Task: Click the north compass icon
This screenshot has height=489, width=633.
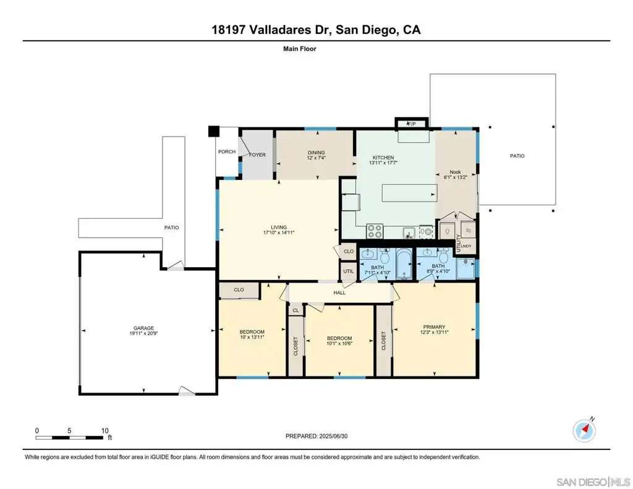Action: point(584,431)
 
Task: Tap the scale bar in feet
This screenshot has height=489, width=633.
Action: point(69,437)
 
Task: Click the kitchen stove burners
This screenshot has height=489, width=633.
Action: point(374,231)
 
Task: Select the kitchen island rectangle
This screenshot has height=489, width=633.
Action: point(409,193)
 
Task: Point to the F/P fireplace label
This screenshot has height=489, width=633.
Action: point(411,124)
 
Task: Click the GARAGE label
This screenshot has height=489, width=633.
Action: point(143,328)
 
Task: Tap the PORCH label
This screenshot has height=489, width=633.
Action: point(227,152)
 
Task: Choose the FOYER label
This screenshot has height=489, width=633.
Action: point(257,155)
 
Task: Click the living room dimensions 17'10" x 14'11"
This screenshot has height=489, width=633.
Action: point(279,232)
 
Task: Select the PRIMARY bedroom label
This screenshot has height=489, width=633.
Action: point(434,326)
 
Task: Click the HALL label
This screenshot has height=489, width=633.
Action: point(339,293)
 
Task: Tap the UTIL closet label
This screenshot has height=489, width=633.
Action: point(349,271)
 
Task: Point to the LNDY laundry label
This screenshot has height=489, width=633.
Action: point(466,246)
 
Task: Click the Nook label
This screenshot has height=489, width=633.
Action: point(456,172)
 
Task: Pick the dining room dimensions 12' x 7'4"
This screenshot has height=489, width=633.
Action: point(316,158)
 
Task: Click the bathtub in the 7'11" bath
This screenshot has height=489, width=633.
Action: point(404,265)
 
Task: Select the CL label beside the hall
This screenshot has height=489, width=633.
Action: point(296,310)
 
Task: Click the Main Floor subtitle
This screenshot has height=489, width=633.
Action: point(300,49)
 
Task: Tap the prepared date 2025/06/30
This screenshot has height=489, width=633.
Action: point(333,436)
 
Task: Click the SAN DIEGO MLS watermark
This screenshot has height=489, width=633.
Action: point(593,482)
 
